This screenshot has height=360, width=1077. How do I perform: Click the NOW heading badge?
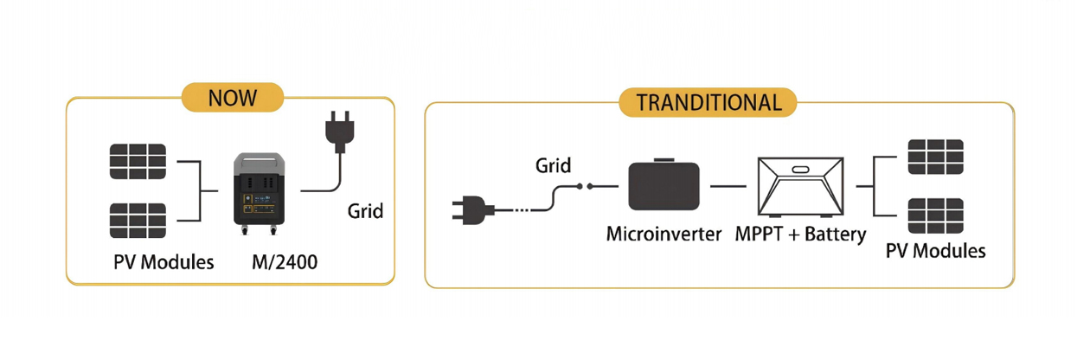tap(232, 97)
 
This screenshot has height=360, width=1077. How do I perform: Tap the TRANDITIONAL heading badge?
tap(708, 102)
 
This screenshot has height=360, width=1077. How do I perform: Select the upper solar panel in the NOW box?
tap(138, 162)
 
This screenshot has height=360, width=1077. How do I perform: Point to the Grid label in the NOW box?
tap(364, 210)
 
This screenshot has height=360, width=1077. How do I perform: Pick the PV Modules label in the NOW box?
tap(163, 261)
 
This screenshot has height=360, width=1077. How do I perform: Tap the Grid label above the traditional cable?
tap(553, 164)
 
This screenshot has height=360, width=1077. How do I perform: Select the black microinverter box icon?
tap(664, 185)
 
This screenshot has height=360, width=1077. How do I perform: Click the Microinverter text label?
tap(664, 234)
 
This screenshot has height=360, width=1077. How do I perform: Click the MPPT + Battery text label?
tap(800, 235)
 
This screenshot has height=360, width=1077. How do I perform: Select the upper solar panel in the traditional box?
tap(935, 157)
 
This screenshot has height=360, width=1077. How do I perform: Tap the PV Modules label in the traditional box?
tap(935, 251)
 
